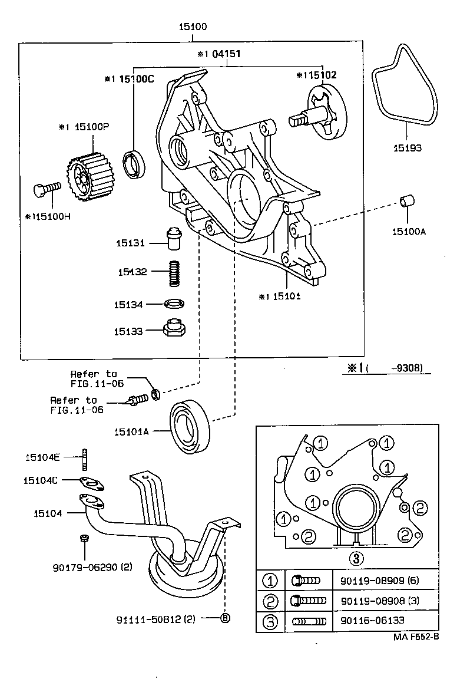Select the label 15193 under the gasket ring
pos(408,148)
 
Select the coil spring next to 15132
pos(174,273)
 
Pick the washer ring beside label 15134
pos(174,304)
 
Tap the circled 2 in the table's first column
pos(269,601)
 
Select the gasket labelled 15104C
pos(91,483)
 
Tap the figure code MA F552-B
pos(416,638)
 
